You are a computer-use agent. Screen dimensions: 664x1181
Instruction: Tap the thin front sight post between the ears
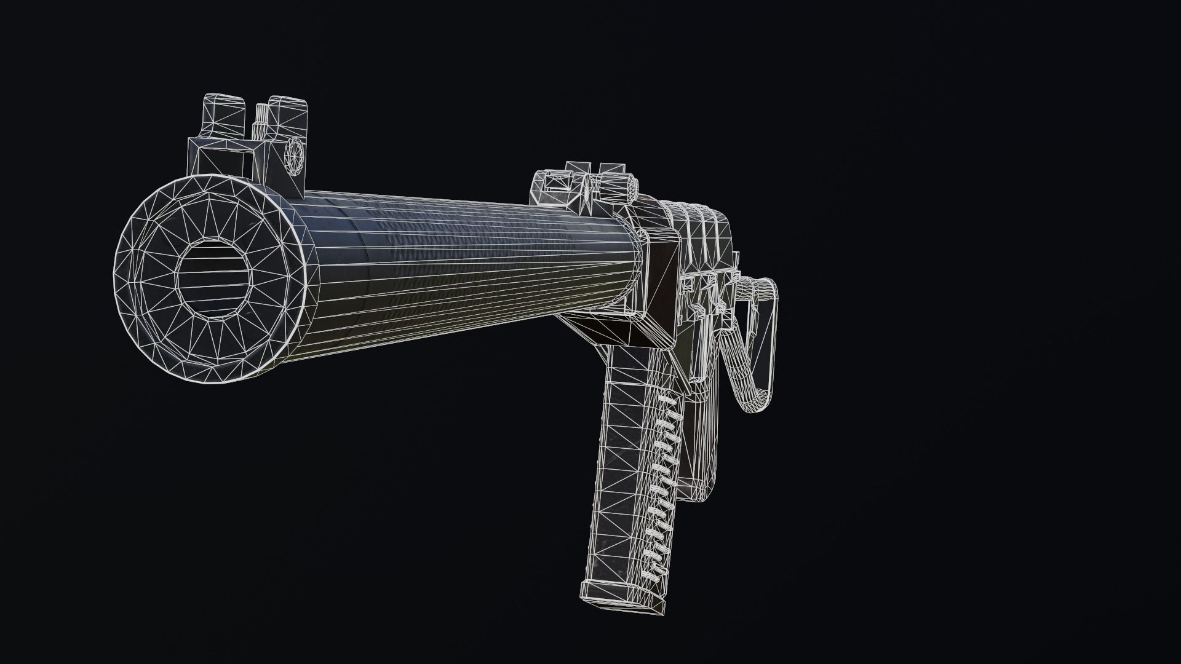coord(261,120)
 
